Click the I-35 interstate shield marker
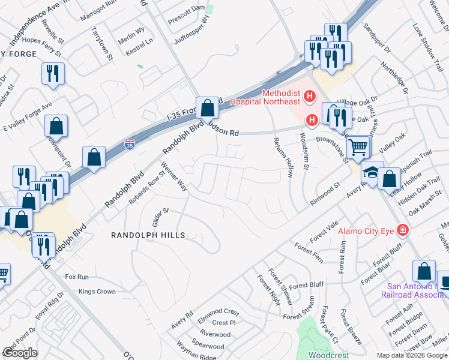coord(129,144)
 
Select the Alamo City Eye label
coord(366,231)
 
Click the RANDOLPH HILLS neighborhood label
coord(147,236)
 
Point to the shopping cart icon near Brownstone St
coord(358,146)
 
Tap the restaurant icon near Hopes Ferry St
coord(53,74)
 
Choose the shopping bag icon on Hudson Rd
coord(207,109)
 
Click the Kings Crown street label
coord(97,292)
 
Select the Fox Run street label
coord(77,277)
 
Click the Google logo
coord(20,353)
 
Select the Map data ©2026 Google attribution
coord(412,355)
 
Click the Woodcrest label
coord(328,355)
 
